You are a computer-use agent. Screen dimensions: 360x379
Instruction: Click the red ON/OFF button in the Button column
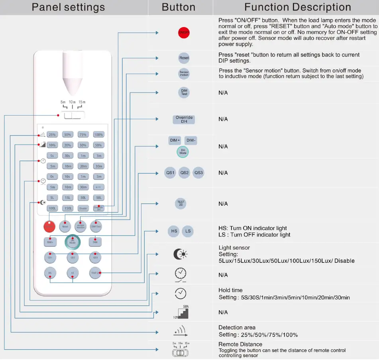(x=184, y=33)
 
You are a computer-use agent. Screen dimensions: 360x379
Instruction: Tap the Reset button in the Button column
(x=184, y=58)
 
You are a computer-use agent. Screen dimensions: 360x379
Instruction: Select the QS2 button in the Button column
(x=184, y=173)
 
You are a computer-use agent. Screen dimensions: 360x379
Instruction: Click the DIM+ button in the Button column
(x=175, y=140)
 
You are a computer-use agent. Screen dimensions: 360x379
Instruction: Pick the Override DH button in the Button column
(x=184, y=119)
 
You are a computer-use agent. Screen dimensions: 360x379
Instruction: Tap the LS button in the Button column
(x=188, y=231)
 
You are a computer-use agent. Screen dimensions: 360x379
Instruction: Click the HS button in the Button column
(x=174, y=231)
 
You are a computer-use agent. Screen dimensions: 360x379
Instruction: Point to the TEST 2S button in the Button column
(x=181, y=203)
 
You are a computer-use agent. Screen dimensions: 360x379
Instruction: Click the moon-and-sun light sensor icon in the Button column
(x=180, y=254)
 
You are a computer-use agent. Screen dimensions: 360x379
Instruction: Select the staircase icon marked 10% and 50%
(x=181, y=312)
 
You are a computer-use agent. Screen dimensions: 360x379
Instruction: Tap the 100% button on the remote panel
(x=98, y=134)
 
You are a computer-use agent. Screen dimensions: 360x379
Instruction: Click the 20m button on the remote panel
(x=83, y=166)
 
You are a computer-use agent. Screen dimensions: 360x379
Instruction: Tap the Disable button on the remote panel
(x=83, y=208)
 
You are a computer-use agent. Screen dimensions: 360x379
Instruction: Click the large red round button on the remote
(x=49, y=226)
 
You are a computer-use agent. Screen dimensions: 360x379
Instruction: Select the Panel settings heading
(x=68, y=7)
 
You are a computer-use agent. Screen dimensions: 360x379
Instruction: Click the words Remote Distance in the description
(x=240, y=344)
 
